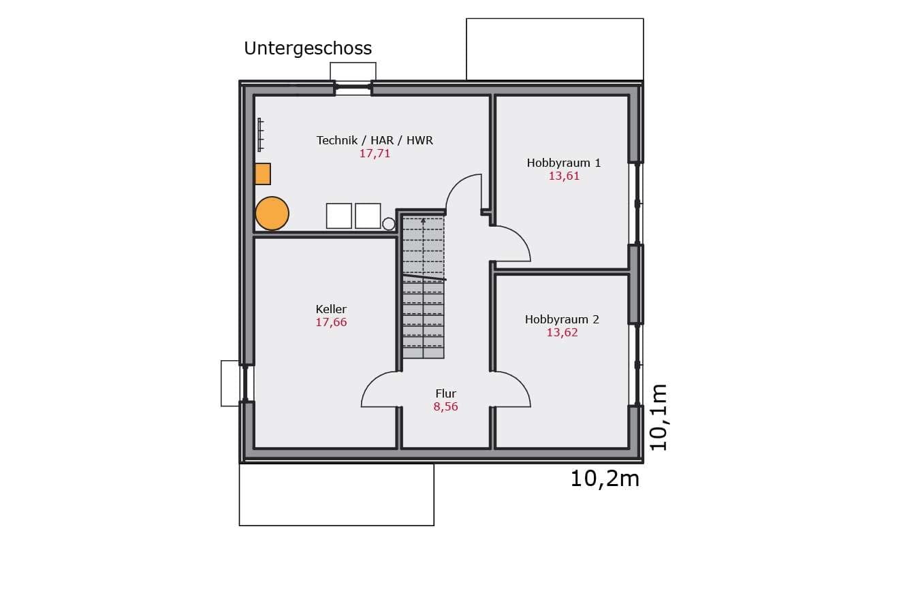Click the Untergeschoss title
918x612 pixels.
[x=308, y=49]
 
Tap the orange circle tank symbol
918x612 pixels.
[x=272, y=214]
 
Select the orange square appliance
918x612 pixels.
[x=263, y=174]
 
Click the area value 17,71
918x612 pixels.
[x=375, y=154]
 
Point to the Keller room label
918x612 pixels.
[x=331, y=309]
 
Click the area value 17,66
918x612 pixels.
[x=331, y=323]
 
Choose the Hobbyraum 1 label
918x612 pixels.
[x=563, y=163]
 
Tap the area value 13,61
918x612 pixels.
[x=564, y=176]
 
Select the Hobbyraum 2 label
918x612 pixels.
[x=562, y=319]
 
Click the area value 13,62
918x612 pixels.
[x=562, y=333]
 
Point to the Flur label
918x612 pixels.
[x=446, y=393]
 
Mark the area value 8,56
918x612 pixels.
[x=446, y=407]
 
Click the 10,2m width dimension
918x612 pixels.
[x=605, y=479]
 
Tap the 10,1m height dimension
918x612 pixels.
[x=659, y=417]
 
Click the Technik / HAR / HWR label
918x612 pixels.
[x=375, y=140]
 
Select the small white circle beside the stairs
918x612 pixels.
[x=388, y=224]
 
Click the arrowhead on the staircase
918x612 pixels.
[x=424, y=221]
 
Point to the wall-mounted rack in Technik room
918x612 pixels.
[x=260, y=135]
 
